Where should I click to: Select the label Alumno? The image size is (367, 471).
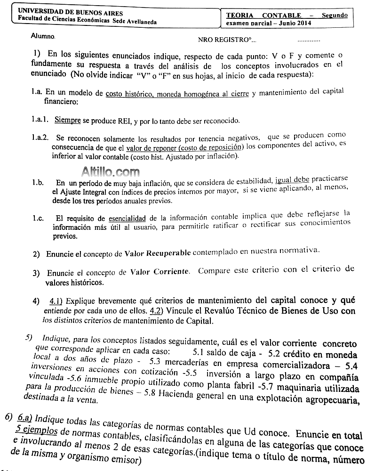click(x=43, y=36)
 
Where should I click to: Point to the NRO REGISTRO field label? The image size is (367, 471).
click(x=224, y=41)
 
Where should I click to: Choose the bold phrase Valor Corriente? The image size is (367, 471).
click(x=160, y=271)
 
